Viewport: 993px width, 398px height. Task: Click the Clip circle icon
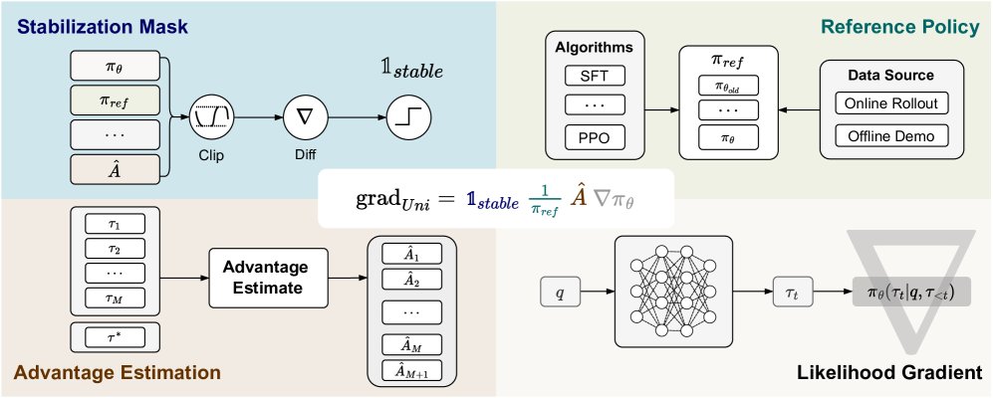pyautogui.click(x=211, y=117)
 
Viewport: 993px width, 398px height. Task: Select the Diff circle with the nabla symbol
pyautogui.click(x=304, y=117)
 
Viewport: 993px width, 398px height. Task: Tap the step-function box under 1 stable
pyautogui.click(x=409, y=117)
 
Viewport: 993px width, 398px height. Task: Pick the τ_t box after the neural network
pyautogui.click(x=793, y=294)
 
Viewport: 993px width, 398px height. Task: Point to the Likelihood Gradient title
pyautogui.click(x=889, y=374)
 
